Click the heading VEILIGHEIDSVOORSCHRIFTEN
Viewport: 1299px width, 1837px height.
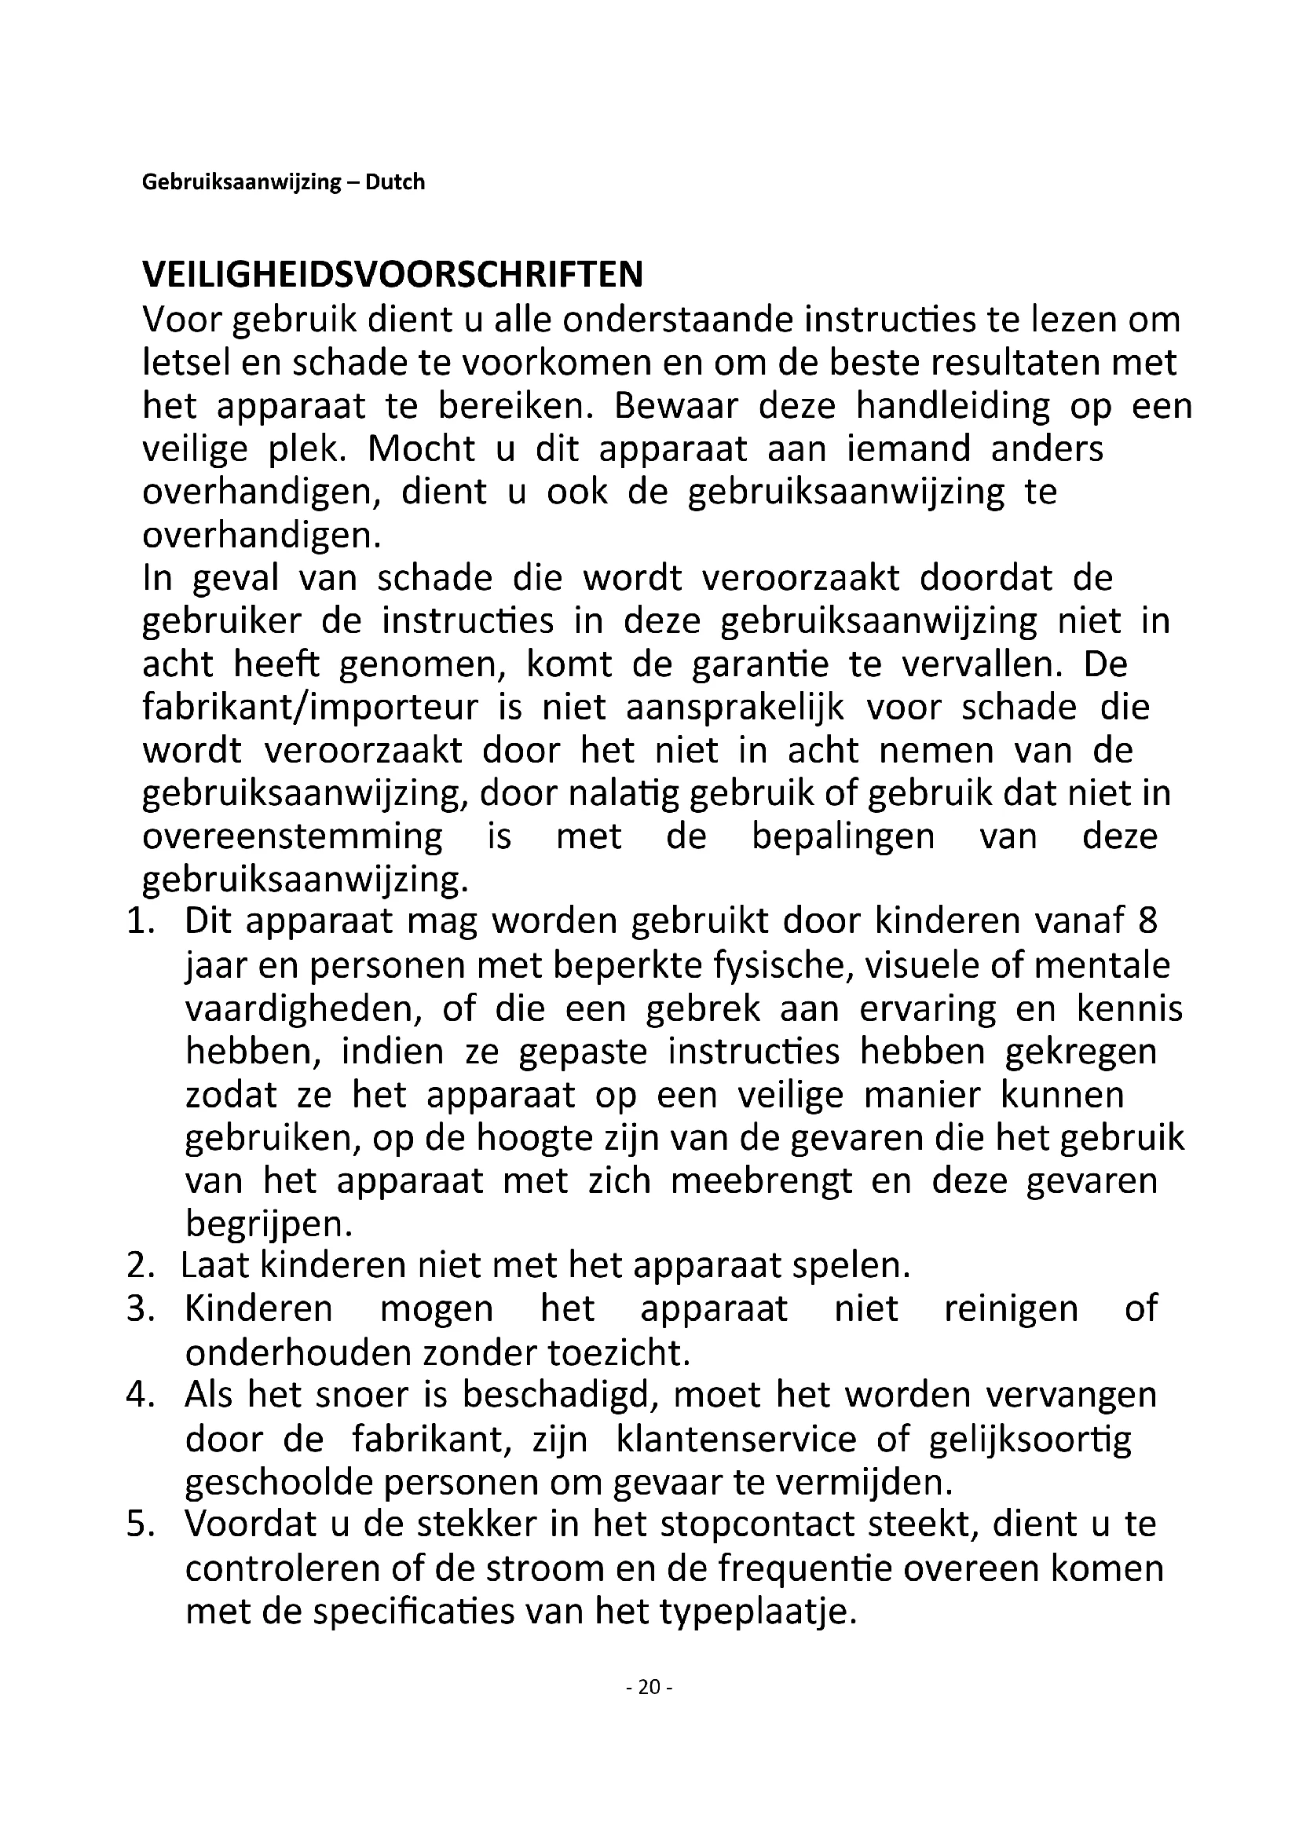(392, 274)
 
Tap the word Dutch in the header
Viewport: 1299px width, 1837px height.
(395, 182)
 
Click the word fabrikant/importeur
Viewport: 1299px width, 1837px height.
(310, 708)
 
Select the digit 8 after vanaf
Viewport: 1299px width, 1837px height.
(1147, 921)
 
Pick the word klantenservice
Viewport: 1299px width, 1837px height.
(736, 1439)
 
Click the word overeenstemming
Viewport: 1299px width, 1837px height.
(292, 836)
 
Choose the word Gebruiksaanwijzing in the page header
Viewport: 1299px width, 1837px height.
(242, 182)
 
